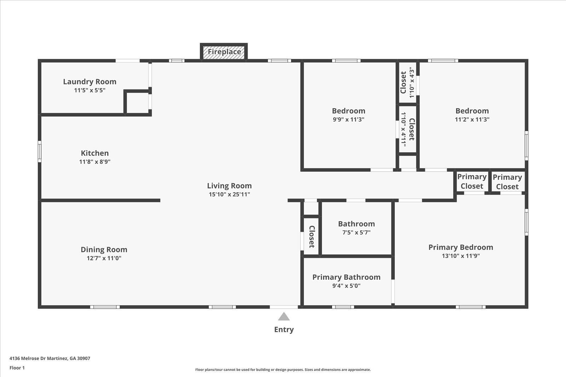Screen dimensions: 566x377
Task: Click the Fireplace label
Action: [224, 52]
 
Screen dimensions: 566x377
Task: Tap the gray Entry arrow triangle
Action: [284, 317]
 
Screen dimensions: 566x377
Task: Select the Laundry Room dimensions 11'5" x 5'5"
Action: [90, 90]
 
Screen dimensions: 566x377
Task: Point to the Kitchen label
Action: [95, 153]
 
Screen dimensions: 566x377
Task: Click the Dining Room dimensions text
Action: [104, 258]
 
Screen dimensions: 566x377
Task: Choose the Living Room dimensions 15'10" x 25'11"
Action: [229, 194]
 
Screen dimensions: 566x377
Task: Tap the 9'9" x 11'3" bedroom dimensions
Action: [348, 119]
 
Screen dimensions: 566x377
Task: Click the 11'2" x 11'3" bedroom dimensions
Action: [472, 119]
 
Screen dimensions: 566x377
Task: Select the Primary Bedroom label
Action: [461, 247]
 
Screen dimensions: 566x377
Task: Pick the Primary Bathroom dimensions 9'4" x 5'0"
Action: [346, 285]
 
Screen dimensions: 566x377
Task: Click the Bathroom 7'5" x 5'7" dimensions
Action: [356, 232]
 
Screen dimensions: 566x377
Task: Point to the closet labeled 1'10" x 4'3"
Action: [407, 82]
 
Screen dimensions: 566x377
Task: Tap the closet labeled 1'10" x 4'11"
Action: [408, 129]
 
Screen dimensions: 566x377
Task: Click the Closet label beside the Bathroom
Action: [312, 237]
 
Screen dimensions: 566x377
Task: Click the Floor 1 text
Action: [17, 368]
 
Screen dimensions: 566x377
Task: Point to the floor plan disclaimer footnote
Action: [283, 370]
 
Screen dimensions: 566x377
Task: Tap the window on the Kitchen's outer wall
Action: [40, 152]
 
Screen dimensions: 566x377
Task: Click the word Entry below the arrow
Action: [284, 330]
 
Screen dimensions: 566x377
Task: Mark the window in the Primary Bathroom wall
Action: [343, 307]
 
